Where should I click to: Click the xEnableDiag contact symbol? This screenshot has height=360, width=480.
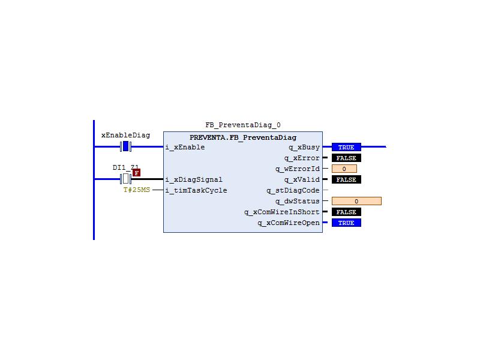tap(125, 146)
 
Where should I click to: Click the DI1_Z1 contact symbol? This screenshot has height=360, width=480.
tap(125, 179)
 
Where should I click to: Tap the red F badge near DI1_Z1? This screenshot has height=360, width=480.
tap(137, 173)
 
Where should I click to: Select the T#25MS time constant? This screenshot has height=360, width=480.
tap(137, 190)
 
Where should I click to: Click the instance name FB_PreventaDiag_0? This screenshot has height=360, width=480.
tap(243, 125)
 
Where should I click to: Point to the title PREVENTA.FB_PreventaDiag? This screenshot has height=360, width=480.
tap(243, 137)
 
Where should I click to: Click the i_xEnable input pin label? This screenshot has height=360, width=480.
tap(185, 147)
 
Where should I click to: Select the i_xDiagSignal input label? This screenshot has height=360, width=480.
tap(194, 179)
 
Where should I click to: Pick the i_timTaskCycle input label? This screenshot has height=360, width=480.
tap(196, 190)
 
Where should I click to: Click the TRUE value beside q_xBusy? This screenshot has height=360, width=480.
tap(346, 147)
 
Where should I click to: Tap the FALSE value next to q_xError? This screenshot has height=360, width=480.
tap(346, 158)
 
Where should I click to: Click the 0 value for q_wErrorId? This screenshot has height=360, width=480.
tap(344, 169)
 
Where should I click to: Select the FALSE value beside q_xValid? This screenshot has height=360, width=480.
tap(346, 179)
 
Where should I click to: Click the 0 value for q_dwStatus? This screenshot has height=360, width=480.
tap(356, 201)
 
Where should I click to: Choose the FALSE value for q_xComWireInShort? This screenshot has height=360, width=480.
tap(346, 212)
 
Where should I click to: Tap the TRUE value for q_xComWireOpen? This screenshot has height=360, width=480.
tap(346, 223)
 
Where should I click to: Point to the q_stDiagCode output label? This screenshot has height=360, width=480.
tap(293, 190)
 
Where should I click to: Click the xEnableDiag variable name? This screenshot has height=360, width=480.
tap(125, 135)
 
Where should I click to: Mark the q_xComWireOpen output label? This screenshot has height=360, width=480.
tap(289, 223)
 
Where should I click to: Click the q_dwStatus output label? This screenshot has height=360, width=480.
tap(297, 201)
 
